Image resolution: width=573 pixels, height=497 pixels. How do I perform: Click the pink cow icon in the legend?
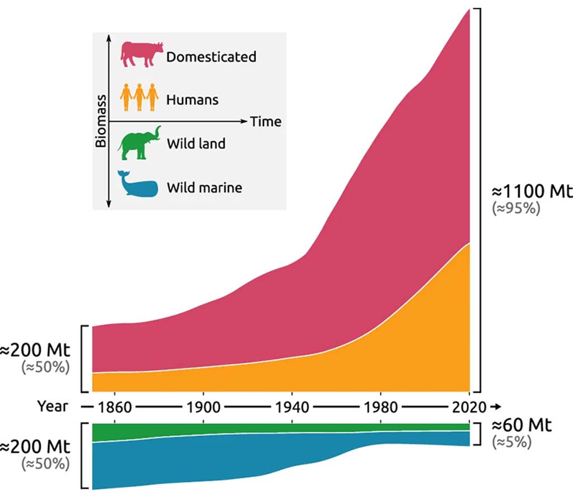pyautogui.click(x=142, y=54)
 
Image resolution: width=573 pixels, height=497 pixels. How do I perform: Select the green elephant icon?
pyautogui.click(x=139, y=143)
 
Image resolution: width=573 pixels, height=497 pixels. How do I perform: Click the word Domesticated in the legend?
pyautogui.click(x=211, y=57)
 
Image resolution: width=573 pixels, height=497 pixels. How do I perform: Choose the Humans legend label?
pyautogui.click(x=192, y=100)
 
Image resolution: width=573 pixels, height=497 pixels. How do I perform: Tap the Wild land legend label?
pyautogui.click(x=196, y=143)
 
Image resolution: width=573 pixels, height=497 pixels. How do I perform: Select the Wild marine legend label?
pyautogui.click(x=204, y=187)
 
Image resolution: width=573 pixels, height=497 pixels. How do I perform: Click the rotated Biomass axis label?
pyautogui.click(x=101, y=121)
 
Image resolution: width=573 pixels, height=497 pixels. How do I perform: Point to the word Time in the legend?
pyautogui.click(x=265, y=121)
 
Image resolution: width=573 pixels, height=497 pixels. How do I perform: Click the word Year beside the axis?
pyautogui.click(x=53, y=406)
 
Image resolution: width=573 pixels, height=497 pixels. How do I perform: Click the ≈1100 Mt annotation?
pyautogui.click(x=532, y=192)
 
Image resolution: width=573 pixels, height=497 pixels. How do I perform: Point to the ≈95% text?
pyautogui.click(x=515, y=209)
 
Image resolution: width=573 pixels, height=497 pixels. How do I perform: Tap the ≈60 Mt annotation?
pyautogui.click(x=522, y=425)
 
